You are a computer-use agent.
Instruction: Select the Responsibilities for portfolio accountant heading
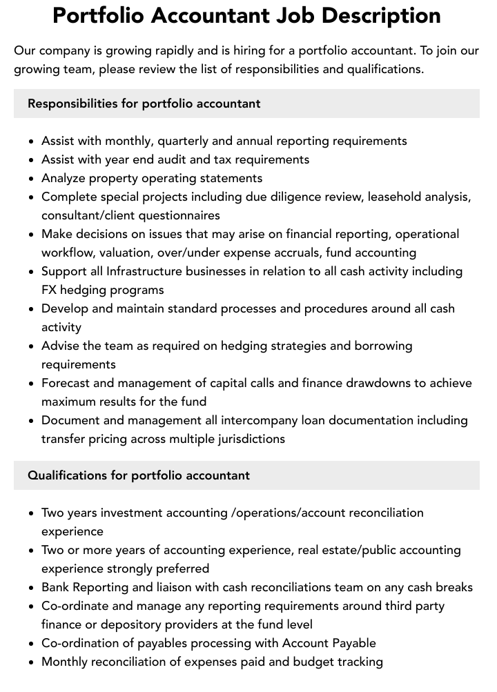click(144, 103)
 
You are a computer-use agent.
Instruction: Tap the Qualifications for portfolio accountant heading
click(139, 475)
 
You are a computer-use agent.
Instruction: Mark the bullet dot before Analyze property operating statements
click(32, 179)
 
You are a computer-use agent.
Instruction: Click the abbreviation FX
click(50, 290)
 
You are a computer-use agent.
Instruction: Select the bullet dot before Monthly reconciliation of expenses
click(32, 662)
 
